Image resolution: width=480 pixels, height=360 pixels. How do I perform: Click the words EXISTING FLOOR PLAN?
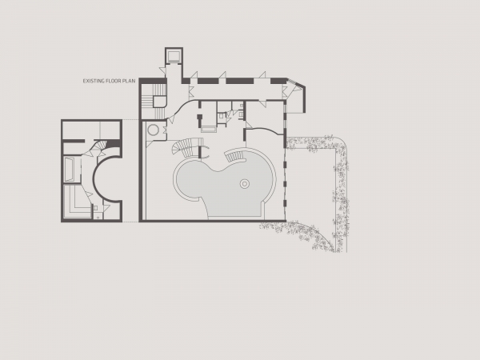(x=109, y=81)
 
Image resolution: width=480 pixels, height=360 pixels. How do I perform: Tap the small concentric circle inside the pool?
(x=244, y=184)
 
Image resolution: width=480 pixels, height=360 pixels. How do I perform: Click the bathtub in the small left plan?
(x=70, y=170)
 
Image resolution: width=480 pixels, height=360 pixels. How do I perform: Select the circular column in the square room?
(x=153, y=130)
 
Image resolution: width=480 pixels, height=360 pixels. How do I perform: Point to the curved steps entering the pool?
(x=235, y=157)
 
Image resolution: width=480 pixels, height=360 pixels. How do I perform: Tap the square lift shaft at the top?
(x=174, y=56)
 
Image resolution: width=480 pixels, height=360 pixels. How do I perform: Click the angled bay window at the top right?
(x=298, y=96)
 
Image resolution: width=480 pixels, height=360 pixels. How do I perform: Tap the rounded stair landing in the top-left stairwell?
(x=159, y=102)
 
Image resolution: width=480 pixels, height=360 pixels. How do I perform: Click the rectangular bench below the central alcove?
(x=209, y=130)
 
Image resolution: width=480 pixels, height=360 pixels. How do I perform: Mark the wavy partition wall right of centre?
(x=265, y=131)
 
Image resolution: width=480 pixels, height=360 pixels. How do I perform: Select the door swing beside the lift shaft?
(x=162, y=70)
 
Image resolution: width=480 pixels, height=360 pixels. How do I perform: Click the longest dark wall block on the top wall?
(x=240, y=81)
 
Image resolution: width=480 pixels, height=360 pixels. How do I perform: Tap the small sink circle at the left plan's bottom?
(x=98, y=218)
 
